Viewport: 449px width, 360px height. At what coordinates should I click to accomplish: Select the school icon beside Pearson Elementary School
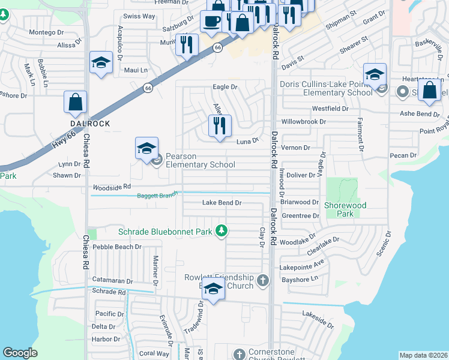click(146, 149)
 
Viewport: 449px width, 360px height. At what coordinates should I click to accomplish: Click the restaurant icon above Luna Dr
click(220, 125)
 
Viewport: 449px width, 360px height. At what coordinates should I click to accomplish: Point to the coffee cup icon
click(211, 22)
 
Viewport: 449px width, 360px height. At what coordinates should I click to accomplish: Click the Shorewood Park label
click(345, 209)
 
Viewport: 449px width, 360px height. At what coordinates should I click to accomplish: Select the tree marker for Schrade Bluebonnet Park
click(221, 231)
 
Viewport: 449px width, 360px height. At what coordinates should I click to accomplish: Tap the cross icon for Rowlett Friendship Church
click(262, 280)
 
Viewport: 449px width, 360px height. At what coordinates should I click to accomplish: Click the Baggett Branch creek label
click(157, 196)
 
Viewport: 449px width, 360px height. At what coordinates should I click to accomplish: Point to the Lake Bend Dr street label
click(221, 203)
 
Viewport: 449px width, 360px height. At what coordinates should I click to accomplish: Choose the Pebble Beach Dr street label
click(117, 246)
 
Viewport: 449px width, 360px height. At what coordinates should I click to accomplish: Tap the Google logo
click(20, 353)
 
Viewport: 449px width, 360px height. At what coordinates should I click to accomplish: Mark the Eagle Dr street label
click(225, 87)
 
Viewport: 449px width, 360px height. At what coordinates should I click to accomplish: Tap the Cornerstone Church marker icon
click(240, 354)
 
